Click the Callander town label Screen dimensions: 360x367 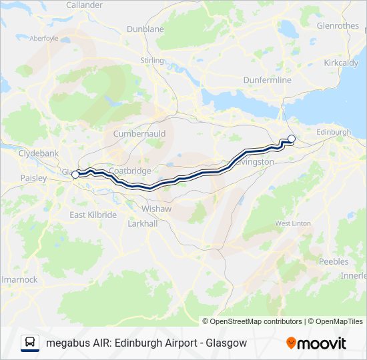coord(84,5)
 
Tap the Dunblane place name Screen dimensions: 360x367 coord(145,29)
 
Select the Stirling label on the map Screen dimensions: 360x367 coord(152,61)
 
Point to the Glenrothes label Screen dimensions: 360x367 coord(338,26)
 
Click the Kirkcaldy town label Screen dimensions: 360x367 coord(340,62)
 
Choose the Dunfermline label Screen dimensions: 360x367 coord(267,80)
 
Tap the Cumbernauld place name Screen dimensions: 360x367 coord(139,133)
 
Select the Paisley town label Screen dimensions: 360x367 coord(33,178)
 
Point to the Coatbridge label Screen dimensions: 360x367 coord(130,171)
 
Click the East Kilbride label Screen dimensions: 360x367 coord(93,215)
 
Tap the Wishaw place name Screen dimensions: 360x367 coord(156,209)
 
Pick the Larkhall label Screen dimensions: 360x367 coord(142,224)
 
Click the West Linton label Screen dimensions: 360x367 coord(292,223)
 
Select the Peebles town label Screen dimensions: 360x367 coord(334,261)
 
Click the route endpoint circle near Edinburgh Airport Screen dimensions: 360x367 coord(291,139)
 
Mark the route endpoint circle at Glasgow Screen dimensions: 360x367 coord(75,174)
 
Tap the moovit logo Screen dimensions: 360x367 coord(316,343)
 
